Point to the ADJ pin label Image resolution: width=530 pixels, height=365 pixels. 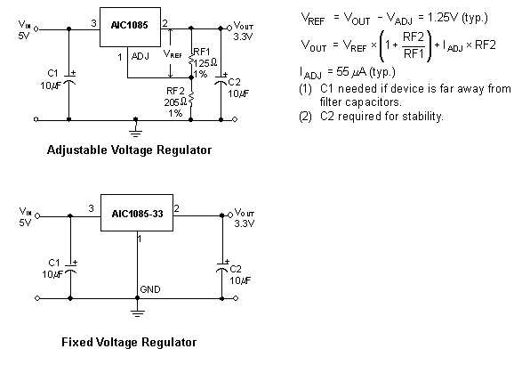click(140, 55)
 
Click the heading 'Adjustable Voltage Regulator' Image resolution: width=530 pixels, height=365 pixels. click(129, 150)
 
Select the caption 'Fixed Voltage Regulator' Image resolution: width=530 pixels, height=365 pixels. click(129, 342)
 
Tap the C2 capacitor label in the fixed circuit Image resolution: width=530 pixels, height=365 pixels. click(236, 268)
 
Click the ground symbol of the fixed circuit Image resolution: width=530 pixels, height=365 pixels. click(138, 311)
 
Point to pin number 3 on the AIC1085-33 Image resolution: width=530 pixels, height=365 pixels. click(91, 208)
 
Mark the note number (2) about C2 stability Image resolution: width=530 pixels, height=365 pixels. click(303, 117)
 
